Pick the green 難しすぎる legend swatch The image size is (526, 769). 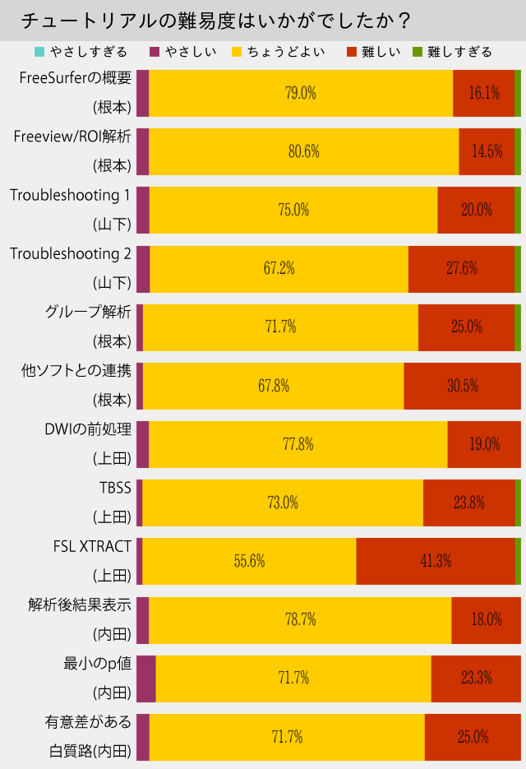click(x=417, y=52)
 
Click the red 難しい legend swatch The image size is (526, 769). click(x=352, y=52)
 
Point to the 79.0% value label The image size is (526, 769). click(x=300, y=93)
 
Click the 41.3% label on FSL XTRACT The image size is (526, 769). click(x=436, y=561)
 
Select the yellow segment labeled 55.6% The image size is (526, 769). click(x=249, y=561)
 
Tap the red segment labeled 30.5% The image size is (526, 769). click(x=462, y=386)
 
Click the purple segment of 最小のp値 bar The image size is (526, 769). click(x=145, y=679)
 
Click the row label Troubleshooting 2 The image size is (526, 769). click(x=71, y=253)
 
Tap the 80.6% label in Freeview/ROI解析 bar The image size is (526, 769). click(x=303, y=151)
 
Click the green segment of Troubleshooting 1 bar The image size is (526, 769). click(x=517, y=210)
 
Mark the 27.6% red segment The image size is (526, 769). click(x=461, y=269)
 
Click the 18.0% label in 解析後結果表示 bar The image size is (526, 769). click(x=486, y=619)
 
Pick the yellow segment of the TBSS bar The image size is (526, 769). click(x=283, y=503)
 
